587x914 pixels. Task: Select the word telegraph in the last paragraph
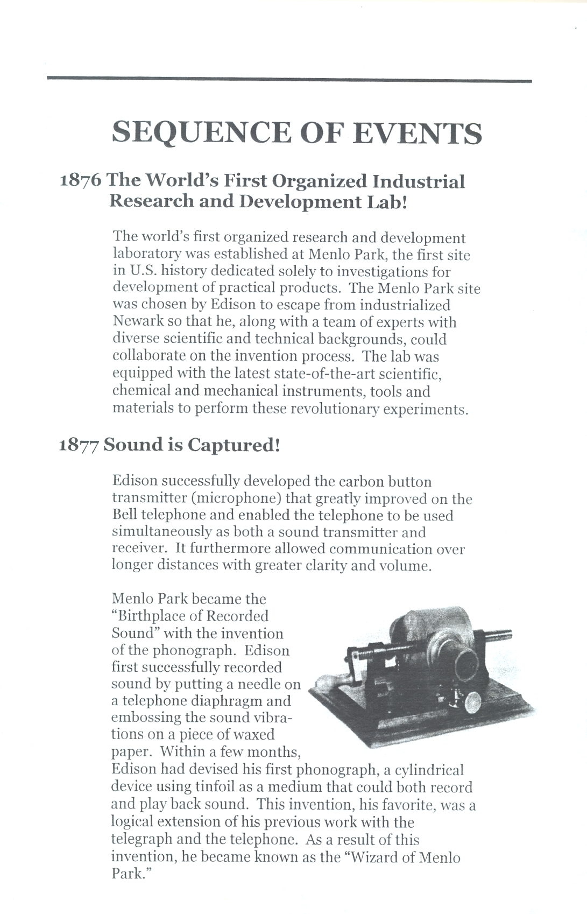click(x=142, y=840)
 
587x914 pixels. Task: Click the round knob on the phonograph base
click(x=473, y=701)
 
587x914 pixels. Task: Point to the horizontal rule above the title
click(x=289, y=80)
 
